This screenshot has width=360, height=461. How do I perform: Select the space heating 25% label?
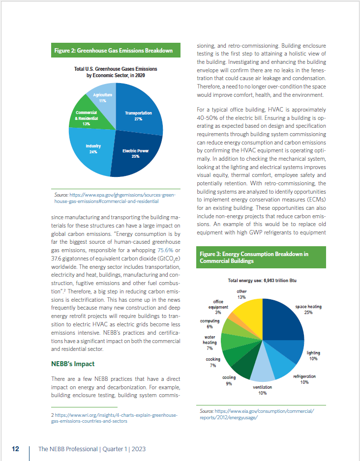point(308,310)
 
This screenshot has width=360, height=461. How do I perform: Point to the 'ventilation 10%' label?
point(262,390)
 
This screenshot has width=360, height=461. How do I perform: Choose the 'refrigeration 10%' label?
point(304,379)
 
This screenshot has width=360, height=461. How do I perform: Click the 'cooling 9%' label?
point(229,380)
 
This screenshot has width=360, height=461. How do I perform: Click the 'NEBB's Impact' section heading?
point(73,364)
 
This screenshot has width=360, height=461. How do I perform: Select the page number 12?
point(16,449)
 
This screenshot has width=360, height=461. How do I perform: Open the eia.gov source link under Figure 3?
point(257,414)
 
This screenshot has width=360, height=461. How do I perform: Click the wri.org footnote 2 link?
point(114,418)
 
